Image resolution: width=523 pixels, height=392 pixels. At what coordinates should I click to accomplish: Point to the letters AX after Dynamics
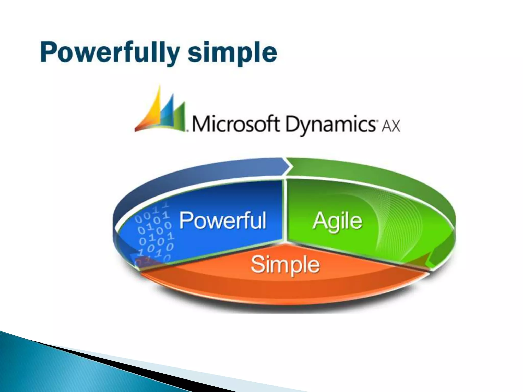coord(390,126)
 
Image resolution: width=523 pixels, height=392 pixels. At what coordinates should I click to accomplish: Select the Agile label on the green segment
coord(337,221)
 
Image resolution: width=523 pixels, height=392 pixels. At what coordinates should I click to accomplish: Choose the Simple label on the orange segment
coord(285,264)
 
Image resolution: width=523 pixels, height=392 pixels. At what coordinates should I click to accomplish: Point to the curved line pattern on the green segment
coord(398,225)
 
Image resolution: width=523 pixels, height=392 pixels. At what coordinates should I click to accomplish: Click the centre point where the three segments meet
coord(285,241)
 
